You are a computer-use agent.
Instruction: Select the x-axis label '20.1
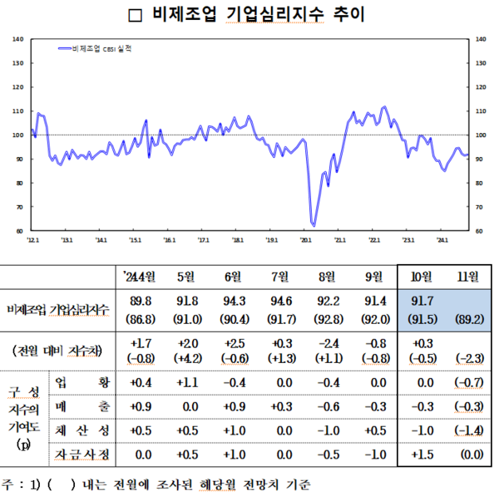click(304, 240)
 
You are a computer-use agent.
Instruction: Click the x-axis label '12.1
click(32, 240)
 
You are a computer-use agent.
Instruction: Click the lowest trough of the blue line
click(313, 224)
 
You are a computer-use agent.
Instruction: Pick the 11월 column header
click(462, 276)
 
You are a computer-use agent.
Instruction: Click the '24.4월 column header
click(141, 276)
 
